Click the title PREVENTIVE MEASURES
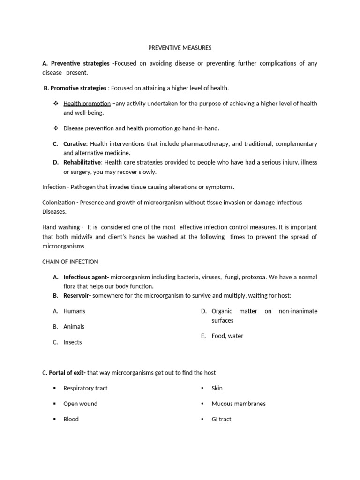coord(180,48)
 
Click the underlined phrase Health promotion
coord(87,104)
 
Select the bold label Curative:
coord(76,144)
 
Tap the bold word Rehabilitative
coord(82,162)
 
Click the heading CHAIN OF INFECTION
coord(70,262)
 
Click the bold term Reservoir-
coord(77,295)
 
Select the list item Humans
coord(74,311)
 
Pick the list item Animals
coord(74,326)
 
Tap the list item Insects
coord(73,342)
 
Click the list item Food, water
coord(227,336)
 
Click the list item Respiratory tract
coord(85,388)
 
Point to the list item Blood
coord(71,419)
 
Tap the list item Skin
coord(217,388)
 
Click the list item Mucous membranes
coord(239,404)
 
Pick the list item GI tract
coord(221,419)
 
